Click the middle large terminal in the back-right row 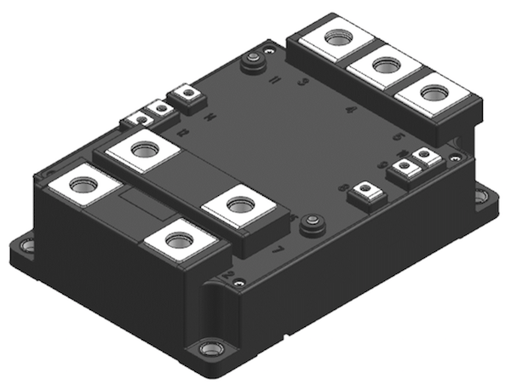tap(385, 65)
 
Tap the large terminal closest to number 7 tap(241, 206)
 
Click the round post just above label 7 tap(312, 222)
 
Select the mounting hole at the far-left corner tap(27, 245)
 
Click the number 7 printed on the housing tap(275, 250)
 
